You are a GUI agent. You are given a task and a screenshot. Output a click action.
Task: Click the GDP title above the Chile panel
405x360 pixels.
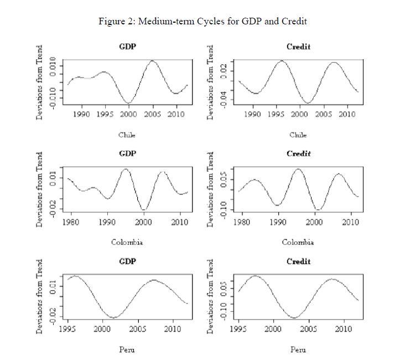click(x=128, y=47)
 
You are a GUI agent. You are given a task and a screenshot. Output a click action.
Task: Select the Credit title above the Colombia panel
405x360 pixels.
click(x=298, y=153)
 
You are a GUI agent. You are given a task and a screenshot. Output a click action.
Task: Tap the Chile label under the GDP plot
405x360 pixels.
click(x=127, y=135)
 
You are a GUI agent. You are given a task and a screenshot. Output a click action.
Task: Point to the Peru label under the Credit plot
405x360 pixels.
click(x=298, y=349)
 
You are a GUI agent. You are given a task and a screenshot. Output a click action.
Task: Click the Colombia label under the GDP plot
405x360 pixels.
click(x=127, y=242)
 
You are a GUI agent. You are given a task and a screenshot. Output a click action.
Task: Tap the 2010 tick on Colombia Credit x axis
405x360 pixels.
click(x=350, y=222)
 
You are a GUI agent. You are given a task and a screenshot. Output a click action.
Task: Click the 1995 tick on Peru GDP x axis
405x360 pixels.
click(x=68, y=329)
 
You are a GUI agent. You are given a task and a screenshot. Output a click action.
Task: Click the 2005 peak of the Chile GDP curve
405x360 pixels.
click(x=152, y=61)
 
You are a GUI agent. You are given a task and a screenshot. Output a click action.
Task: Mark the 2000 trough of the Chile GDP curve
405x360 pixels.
click(x=128, y=102)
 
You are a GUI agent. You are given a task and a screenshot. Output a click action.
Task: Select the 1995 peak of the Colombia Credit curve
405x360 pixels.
click(x=298, y=169)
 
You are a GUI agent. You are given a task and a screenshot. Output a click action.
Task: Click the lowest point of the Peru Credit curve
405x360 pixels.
click(x=294, y=318)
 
